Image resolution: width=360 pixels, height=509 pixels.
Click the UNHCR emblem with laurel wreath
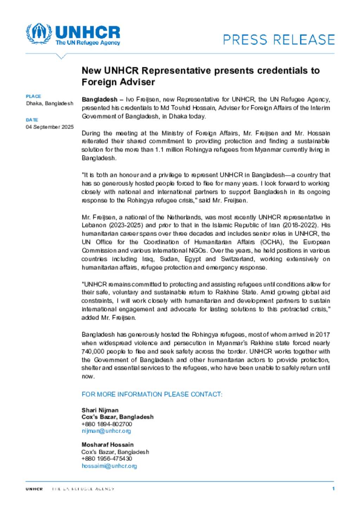[x=39, y=34]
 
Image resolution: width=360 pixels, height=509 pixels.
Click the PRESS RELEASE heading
[x=279, y=40]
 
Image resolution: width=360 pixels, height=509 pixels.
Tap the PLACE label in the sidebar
[x=33, y=96]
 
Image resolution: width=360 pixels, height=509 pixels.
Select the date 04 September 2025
[x=50, y=127]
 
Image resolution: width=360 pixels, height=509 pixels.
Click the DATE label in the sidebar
[x=32, y=120]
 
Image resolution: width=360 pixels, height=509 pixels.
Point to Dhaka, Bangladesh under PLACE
[x=50, y=103]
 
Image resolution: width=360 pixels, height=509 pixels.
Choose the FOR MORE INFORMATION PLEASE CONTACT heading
[x=152, y=394]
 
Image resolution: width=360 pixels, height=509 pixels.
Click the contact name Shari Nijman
[x=100, y=410]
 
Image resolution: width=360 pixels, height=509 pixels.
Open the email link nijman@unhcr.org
[x=106, y=431]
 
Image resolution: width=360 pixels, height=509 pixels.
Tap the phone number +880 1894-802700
[x=107, y=424]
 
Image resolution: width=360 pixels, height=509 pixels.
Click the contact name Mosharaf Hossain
[x=108, y=444]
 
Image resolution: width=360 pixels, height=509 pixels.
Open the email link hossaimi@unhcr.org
[x=109, y=466]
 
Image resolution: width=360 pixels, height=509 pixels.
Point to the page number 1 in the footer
[x=333, y=488]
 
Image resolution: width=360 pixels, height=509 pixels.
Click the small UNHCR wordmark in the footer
[x=34, y=489]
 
